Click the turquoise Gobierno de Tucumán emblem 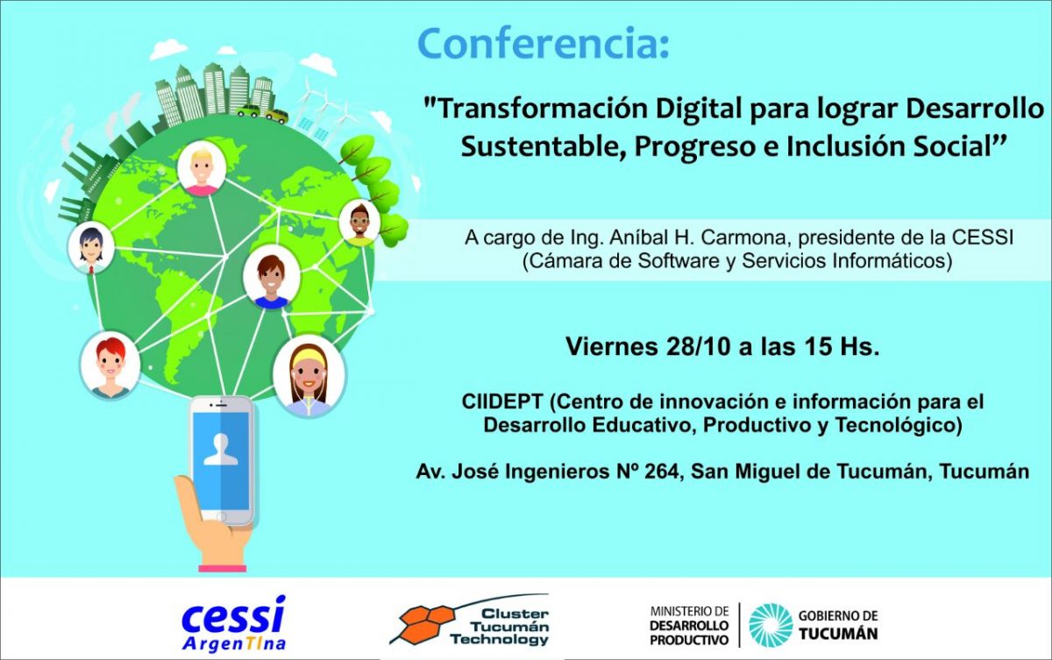tap(771, 625)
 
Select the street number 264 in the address tap(660, 472)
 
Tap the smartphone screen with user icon tap(221, 456)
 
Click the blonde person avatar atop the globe tap(202, 169)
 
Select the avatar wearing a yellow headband tap(309, 376)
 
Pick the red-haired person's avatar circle tap(110, 362)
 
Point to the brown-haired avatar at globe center tap(271, 276)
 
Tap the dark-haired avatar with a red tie tap(90, 248)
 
